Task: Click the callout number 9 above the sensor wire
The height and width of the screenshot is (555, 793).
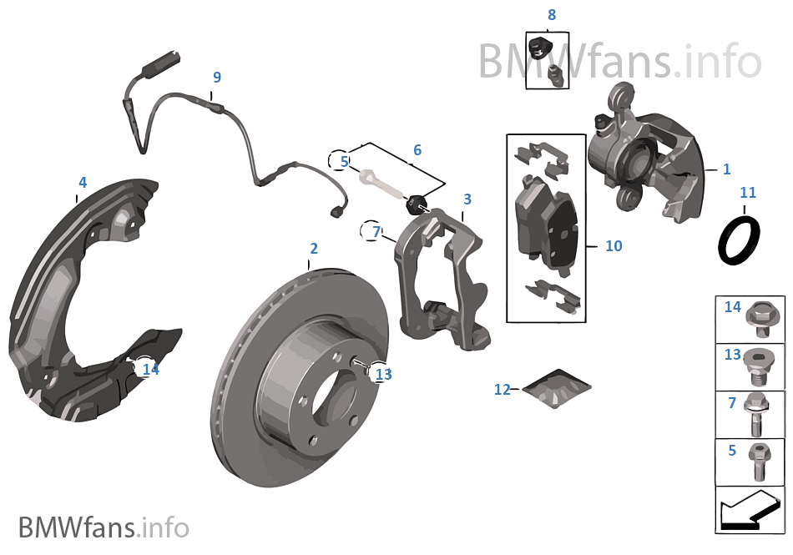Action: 217,78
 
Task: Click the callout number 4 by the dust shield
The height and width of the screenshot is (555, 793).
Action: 83,182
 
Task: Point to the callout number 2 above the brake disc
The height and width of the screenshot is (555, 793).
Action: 314,248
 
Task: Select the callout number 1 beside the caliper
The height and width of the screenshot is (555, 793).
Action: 726,169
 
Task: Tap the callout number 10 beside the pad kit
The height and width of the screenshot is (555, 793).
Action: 614,246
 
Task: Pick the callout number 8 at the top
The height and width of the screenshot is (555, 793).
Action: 551,15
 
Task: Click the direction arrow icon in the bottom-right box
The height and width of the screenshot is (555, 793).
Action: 750,508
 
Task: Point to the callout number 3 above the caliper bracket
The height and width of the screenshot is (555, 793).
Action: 467,199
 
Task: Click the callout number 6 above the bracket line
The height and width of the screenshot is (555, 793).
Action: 417,150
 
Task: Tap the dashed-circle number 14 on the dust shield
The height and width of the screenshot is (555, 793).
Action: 149,369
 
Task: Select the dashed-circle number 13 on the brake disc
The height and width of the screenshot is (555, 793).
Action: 383,375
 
